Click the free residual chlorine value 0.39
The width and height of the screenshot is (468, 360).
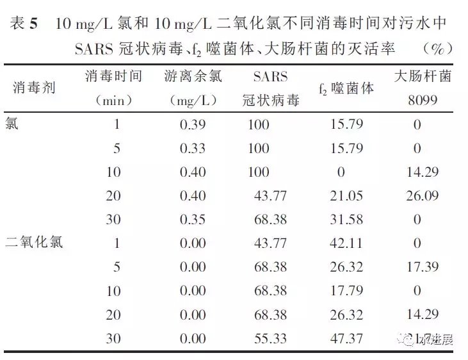(x=193, y=124)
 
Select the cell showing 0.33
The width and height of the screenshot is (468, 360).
(x=193, y=149)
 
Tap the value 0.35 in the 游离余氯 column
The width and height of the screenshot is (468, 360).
(x=193, y=219)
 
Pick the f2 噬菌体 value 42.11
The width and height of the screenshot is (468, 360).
(x=346, y=243)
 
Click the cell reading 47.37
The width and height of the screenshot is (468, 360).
(x=346, y=339)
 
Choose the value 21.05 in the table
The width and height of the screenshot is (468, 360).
(x=346, y=195)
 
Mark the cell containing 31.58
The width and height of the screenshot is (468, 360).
(x=346, y=219)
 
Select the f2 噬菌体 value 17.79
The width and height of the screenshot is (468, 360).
(x=346, y=291)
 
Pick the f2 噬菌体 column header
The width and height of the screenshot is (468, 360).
(x=346, y=88)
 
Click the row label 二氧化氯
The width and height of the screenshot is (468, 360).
(x=35, y=243)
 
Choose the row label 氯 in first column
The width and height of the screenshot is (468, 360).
(x=12, y=124)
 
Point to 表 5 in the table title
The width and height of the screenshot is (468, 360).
(x=24, y=24)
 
